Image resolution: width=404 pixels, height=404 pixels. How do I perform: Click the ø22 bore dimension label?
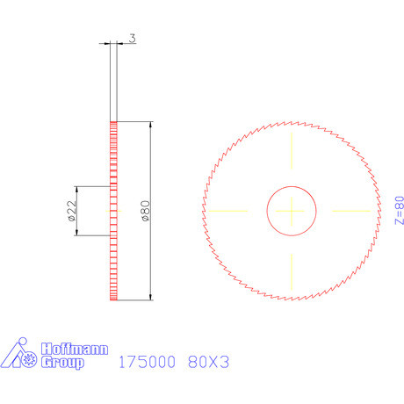pos(71,211)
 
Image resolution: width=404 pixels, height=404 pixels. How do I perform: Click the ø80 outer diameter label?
pos(143,211)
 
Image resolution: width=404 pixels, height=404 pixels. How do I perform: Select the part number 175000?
pos(148,361)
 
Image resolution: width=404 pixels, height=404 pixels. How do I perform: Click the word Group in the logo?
pos(63,362)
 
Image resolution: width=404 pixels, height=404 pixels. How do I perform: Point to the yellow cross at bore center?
pos(291,211)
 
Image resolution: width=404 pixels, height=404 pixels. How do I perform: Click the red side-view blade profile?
pos(113,263)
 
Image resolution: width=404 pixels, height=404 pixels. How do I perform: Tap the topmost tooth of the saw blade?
pos(291,123)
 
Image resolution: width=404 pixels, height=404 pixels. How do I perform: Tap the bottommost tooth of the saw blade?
pos(291,299)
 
